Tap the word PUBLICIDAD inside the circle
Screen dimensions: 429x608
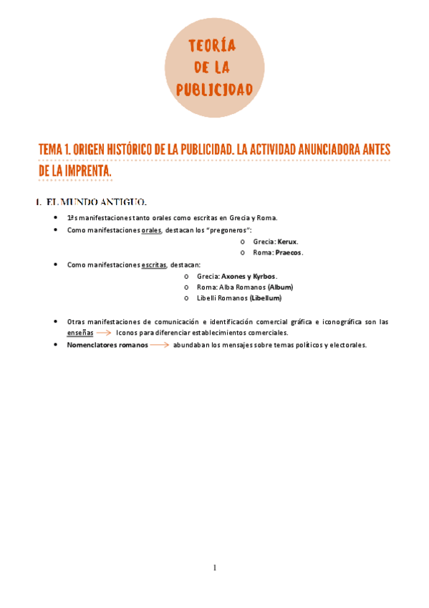[x=214, y=89]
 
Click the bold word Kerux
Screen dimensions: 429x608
[x=288, y=242]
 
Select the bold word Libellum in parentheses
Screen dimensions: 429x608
[x=266, y=298]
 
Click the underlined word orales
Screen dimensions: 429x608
[x=152, y=230]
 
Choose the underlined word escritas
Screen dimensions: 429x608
[x=153, y=265]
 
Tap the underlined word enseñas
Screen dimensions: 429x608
[x=79, y=333]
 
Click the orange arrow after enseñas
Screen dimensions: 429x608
[x=103, y=333]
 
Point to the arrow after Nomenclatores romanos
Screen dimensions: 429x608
[x=160, y=345]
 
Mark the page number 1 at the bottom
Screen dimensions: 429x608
[x=214, y=569]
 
